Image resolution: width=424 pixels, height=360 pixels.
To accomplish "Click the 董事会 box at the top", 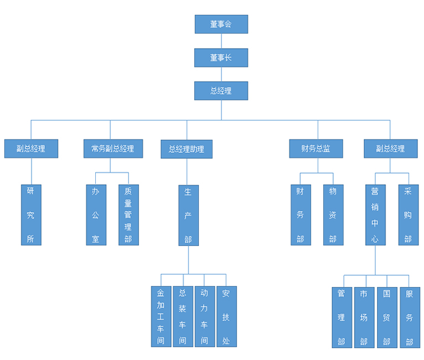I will (x=221, y=24).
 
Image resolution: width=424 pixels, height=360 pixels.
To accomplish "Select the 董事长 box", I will (x=221, y=58).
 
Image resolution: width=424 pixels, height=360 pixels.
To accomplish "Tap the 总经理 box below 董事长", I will (x=221, y=91).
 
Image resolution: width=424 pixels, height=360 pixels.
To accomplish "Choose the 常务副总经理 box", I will (x=112, y=148).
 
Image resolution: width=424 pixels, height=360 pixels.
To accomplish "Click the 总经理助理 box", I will (x=187, y=149).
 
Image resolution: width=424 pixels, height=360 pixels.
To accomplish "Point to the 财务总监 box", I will (x=316, y=148).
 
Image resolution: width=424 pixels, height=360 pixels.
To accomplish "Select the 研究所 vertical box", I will (x=31, y=215).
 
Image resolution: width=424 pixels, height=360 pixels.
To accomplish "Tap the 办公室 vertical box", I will (x=96, y=215).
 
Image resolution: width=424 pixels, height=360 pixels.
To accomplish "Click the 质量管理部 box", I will (x=128, y=215).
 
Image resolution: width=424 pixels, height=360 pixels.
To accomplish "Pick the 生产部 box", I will (x=188, y=215).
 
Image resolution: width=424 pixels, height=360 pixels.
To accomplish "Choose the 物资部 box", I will (x=333, y=215).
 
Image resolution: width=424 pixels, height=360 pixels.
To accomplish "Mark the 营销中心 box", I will (x=375, y=215).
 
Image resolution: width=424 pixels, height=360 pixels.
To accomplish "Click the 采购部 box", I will (x=408, y=215).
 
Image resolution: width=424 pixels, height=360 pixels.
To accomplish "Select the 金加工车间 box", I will (x=161, y=316).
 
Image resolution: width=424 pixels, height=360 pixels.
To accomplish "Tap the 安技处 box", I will (x=226, y=316).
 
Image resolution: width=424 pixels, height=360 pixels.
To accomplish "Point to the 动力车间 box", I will (x=204, y=316).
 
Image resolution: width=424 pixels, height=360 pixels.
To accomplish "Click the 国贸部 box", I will (x=387, y=317).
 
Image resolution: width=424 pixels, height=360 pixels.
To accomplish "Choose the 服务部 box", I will (x=410, y=317).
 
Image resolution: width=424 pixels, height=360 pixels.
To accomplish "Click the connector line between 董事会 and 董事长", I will (x=221, y=41).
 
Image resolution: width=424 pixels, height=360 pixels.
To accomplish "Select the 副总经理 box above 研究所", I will (x=31, y=148).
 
